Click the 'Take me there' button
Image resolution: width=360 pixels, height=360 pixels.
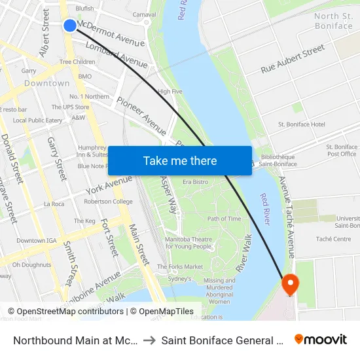click(180, 160)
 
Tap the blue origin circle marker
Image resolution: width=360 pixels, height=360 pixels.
click(70, 25)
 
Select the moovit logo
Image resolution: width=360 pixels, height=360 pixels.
click(321, 339)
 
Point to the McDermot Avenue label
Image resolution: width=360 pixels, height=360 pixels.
click(111, 35)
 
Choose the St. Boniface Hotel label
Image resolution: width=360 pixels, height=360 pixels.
click(301, 124)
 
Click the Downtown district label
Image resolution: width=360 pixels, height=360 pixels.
click(47, 83)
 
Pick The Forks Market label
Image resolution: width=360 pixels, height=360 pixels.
click(180, 266)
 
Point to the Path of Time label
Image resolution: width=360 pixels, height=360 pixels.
click(224, 219)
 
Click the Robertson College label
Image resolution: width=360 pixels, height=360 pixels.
click(108, 202)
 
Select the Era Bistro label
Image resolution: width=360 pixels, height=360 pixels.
click(196, 181)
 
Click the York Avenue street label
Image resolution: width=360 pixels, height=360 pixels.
click(108, 185)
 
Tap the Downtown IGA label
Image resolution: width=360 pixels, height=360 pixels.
click(35, 241)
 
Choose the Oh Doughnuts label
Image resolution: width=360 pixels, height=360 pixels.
click(31, 265)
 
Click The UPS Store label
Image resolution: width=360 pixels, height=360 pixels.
click(71, 107)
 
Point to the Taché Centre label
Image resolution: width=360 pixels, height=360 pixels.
click(333, 240)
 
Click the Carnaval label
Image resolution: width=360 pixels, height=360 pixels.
click(144, 14)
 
